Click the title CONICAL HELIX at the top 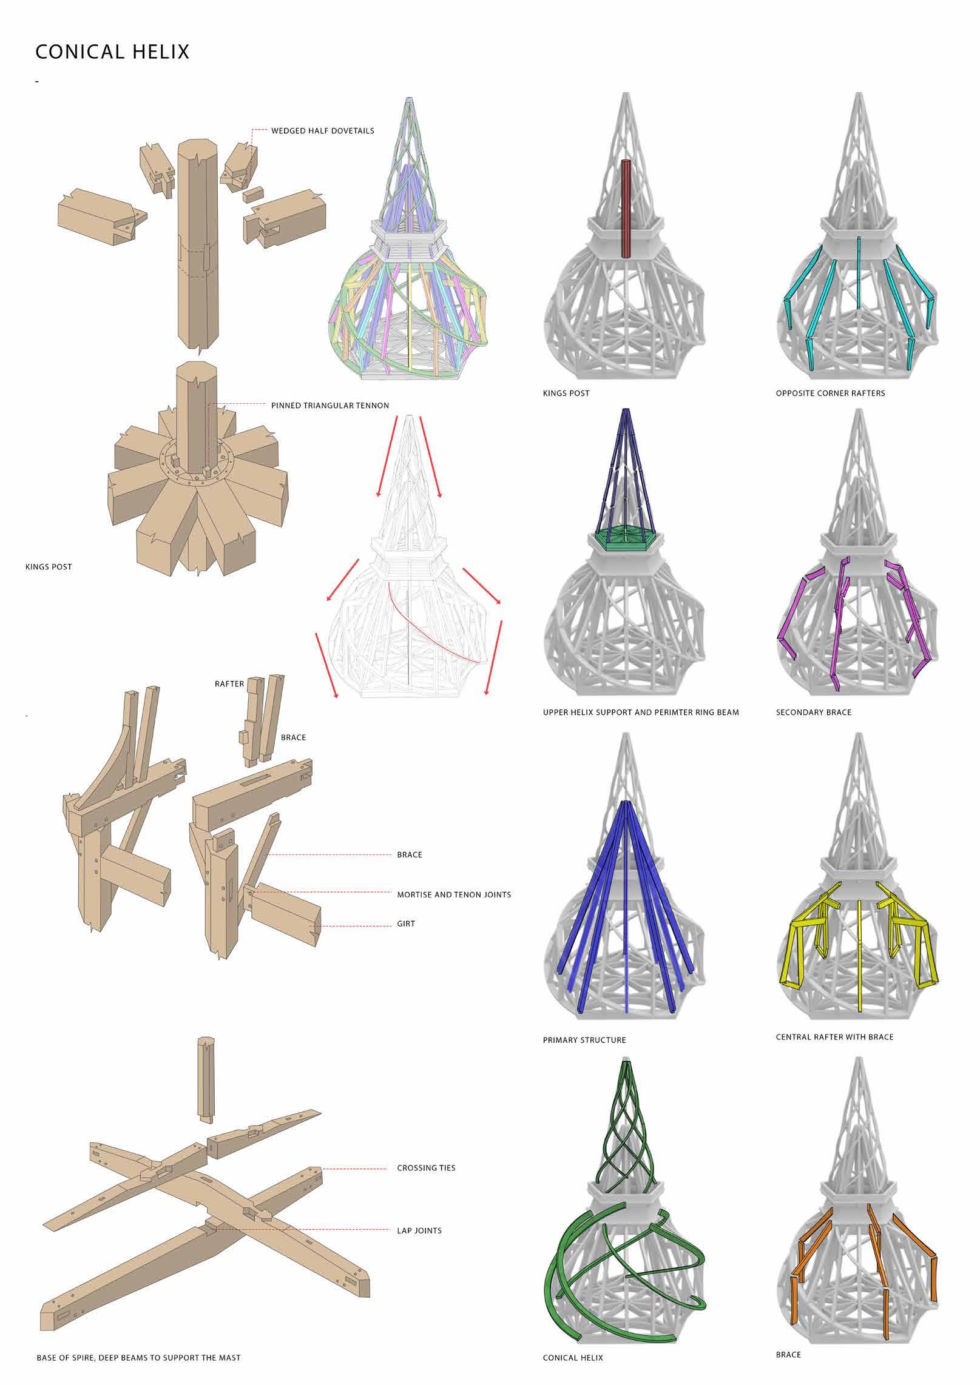[x=112, y=52]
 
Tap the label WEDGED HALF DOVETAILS [x=322, y=130]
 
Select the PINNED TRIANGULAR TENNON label [x=329, y=405]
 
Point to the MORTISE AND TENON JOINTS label [x=454, y=894]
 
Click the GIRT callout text [x=406, y=924]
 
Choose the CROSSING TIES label [x=426, y=1168]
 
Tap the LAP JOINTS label [x=419, y=1230]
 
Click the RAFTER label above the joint [x=229, y=684]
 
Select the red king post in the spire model [x=627, y=209]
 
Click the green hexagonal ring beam [x=625, y=537]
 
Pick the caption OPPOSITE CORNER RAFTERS [x=830, y=394]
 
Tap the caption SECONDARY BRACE [x=813, y=713]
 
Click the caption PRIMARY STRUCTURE [x=584, y=1040]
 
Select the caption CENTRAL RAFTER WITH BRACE [x=834, y=1037]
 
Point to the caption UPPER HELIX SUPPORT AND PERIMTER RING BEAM [x=641, y=713]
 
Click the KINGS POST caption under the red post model [x=566, y=394]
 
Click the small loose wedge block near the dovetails [x=250, y=195]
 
